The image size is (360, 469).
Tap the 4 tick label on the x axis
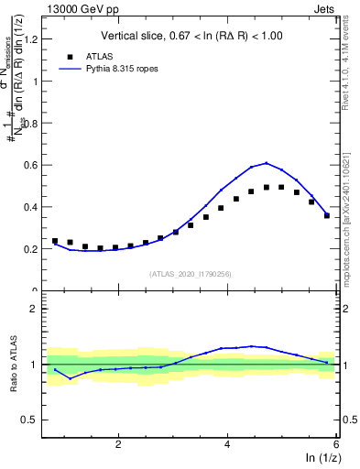click(227, 444)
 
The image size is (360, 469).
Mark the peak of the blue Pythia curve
click(267, 163)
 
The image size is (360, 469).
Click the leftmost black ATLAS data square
click(55, 241)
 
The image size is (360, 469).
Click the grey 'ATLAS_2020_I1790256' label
click(191, 274)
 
